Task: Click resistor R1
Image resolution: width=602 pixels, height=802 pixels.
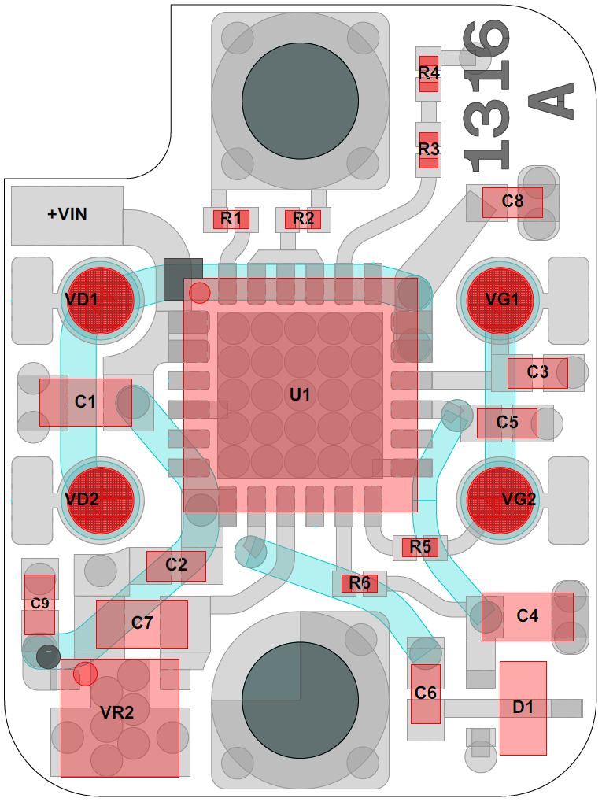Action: pyautogui.click(x=231, y=219)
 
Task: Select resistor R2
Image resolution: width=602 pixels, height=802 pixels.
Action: pyautogui.click(x=303, y=219)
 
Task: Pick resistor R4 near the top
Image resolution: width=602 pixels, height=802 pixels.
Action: pyautogui.click(x=428, y=73)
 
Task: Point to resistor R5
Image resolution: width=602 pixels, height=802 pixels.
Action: pyautogui.click(x=420, y=547)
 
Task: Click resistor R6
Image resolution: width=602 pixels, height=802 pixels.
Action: pyautogui.click(x=360, y=583)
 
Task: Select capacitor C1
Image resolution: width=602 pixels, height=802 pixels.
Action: pyautogui.click(x=85, y=402)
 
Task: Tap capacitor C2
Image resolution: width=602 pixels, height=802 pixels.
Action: pyautogui.click(x=176, y=565)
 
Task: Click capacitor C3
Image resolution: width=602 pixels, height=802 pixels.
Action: pyautogui.click(x=537, y=373)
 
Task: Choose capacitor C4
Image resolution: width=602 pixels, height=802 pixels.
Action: pyautogui.click(x=527, y=616)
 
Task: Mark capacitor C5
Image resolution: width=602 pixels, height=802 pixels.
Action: pyautogui.click(x=508, y=423)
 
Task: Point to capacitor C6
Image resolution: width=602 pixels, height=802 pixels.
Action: pyautogui.click(x=426, y=693)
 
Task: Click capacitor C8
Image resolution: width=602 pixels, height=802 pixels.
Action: pyautogui.click(x=512, y=202)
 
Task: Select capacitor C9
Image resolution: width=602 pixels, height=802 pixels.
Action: pyautogui.click(x=39, y=604)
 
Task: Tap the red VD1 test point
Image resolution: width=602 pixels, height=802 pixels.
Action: pyautogui.click(x=98, y=300)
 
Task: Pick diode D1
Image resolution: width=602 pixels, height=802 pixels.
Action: pyautogui.click(x=523, y=708)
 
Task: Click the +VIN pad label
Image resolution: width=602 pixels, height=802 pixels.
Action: pyautogui.click(x=67, y=214)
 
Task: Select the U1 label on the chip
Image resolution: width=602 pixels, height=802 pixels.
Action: pyautogui.click(x=300, y=395)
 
